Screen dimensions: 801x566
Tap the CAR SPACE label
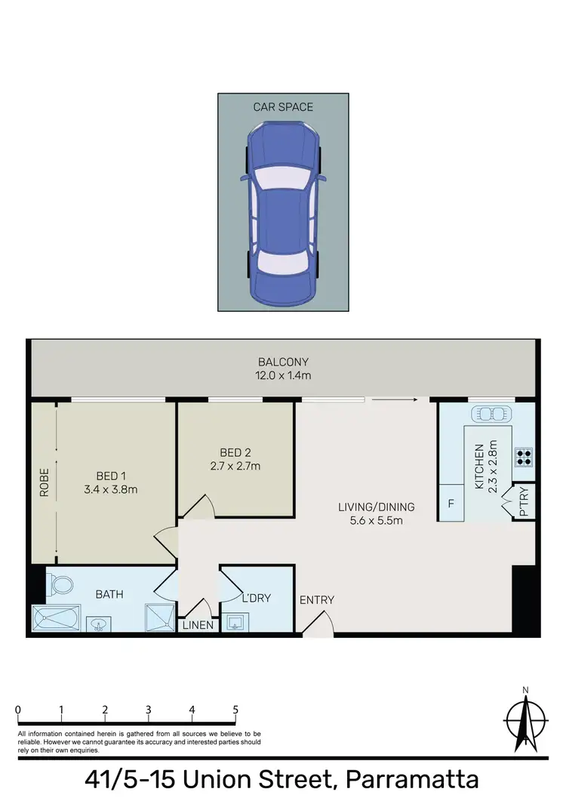tap(283, 107)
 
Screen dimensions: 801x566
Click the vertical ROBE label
tap(44, 482)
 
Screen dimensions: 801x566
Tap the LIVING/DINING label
tap(377, 513)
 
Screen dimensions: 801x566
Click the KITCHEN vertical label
tap(486, 466)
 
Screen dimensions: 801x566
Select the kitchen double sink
tap(491, 414)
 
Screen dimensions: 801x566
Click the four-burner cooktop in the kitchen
tap(523, 456)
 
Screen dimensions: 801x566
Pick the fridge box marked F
tap(451, 503)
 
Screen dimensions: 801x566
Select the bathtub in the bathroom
tap(57, 617)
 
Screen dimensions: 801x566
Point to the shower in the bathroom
tap(160, 617)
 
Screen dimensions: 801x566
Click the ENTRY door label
tap(317, 600)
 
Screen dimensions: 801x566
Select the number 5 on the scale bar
tap(236, 710)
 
